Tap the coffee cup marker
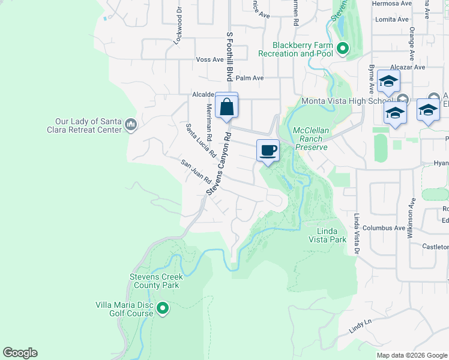[x=268, y=150]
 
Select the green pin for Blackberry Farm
[x=343, y=48]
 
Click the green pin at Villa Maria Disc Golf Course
[x=162, y=309]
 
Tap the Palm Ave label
[x=250, y=78]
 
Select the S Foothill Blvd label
[x=229, y=57]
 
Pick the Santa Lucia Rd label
[x=201, y=140]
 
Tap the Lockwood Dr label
[x=178, y=26]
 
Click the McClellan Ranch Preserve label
[x=310, y=139]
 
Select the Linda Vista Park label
[x=331, y=235]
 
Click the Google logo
[x=20, y=353]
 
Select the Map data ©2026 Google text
[x=411, y=355]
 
